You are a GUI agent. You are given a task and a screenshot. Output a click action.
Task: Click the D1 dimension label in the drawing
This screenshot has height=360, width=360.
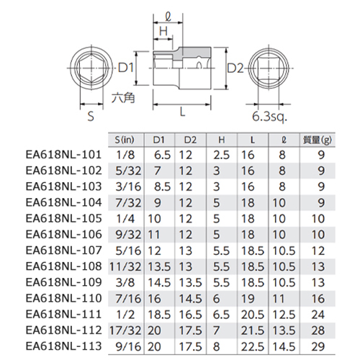tap(126, 68)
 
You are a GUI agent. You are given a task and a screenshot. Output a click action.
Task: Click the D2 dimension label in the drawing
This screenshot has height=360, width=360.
tap(235, 68)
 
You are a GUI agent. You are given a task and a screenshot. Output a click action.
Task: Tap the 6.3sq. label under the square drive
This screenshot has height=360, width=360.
tap(269, 117)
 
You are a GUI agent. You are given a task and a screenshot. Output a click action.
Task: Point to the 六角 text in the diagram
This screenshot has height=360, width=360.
tap(123, 98)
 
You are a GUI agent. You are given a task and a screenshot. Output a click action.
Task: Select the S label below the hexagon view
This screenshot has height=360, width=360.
tap(91, 117)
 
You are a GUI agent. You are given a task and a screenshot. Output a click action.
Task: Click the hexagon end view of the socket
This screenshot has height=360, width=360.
tap(91, 68)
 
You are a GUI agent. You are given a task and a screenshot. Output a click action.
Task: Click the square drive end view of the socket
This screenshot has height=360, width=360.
tap(269, 68)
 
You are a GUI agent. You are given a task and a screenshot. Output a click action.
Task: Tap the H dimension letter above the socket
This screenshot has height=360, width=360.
tap(163, 31)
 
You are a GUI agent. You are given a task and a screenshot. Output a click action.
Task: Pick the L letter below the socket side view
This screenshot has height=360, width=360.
tap(182, 112)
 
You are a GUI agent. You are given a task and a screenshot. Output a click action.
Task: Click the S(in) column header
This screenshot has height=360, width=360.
tap(125, 140)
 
